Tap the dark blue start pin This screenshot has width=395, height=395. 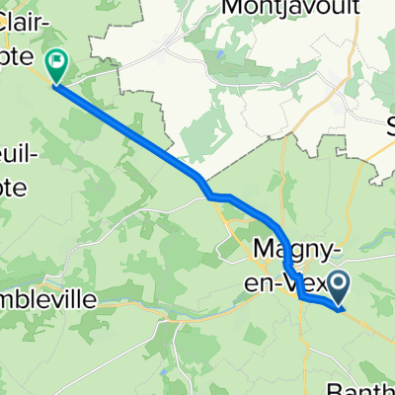coord(338,290)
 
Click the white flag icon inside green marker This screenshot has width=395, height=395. coord(56,64)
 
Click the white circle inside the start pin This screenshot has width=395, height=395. coord(338,286)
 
